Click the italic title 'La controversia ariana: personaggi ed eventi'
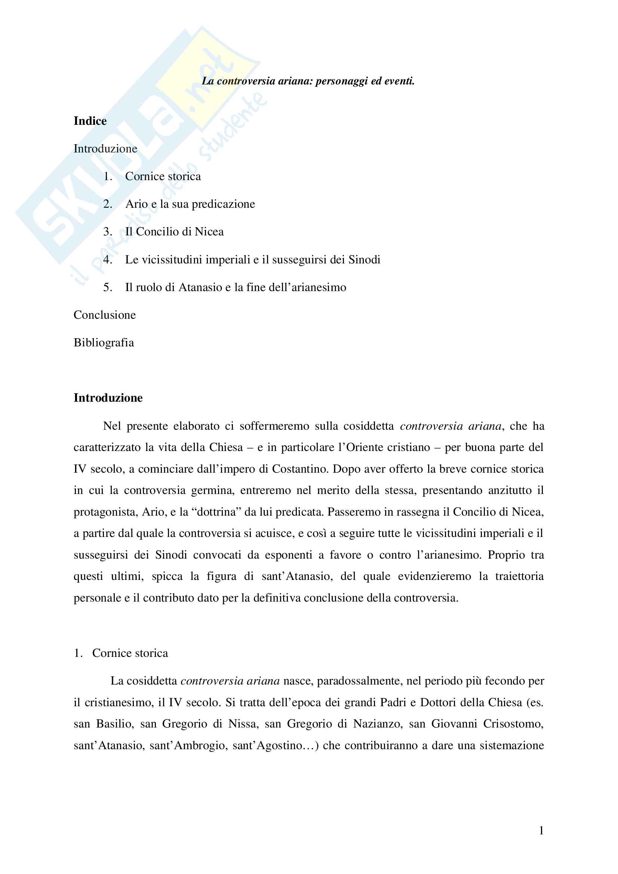pyautogui.click(x=308, y=81)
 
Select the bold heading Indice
pyautogui.click(x=90, y=121)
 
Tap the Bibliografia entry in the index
pyautogui.click(x=104, y=343)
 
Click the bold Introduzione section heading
pyautogui.click(x=108, y=398)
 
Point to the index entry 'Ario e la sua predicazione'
pyautogui.click(x=190, y=204)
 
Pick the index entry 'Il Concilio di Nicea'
pyautogui.click(x=174, y=232)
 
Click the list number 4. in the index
pyautogui.click(x=108, y=260)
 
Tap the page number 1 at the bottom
pyautogui.click(x=541, y=831)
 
